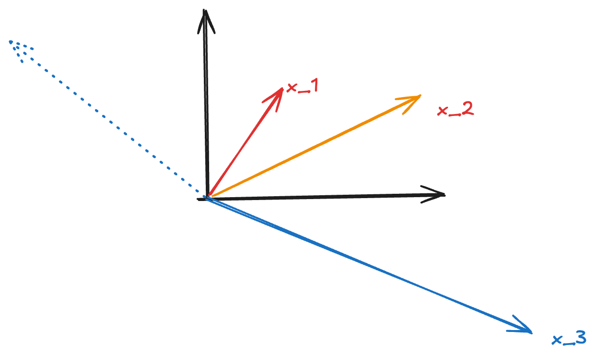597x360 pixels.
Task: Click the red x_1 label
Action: pos(302,88)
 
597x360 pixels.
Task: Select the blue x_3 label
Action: pos(569,339)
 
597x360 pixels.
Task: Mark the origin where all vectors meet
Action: pos(207,198)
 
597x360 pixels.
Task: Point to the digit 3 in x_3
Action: pos(580,338)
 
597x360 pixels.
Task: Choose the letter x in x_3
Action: pos(557,340)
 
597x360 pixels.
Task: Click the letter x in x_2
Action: pos(442,112)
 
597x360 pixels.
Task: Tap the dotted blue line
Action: pos(106,118)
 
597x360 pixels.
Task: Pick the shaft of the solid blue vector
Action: pos(367,264)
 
